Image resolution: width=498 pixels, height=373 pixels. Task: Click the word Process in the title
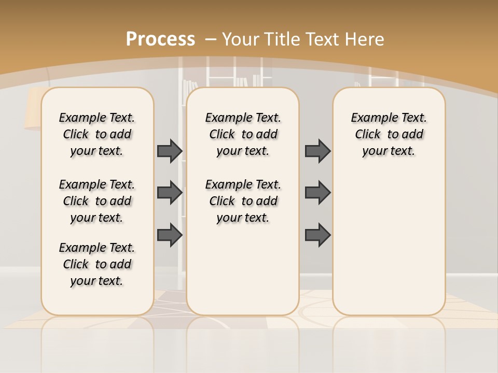160,39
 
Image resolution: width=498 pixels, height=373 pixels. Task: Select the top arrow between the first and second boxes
170,151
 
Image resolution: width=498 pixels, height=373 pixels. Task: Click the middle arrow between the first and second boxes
170,193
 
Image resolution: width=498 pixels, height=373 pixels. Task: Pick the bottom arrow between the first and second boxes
170,235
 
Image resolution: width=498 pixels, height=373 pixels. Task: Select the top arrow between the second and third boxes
317,151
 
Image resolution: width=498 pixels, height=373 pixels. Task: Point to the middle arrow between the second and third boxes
317,193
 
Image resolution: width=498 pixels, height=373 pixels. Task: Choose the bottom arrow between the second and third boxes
317,235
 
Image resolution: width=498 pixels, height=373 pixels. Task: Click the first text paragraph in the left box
97,134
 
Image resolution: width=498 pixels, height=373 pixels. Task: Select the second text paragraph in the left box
97,201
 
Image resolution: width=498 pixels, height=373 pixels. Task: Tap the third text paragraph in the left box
97,264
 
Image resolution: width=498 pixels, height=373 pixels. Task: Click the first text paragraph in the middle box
243,134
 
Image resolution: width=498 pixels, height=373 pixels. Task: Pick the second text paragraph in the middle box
243,201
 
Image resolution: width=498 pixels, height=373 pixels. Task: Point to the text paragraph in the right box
389,134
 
